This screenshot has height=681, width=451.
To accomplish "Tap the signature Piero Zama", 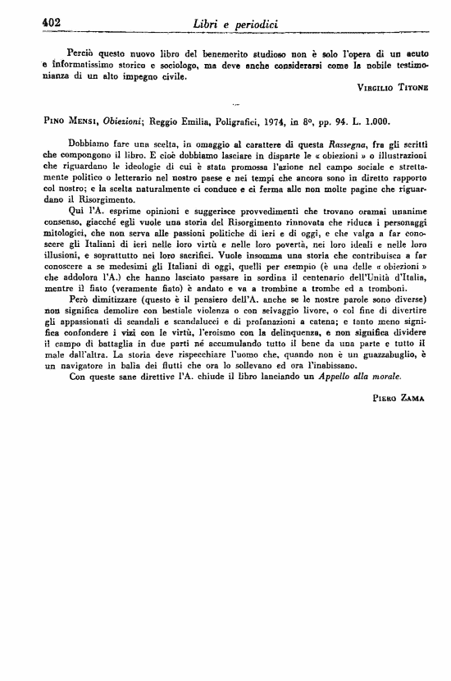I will pyautogui.click(x=399, y=396).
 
